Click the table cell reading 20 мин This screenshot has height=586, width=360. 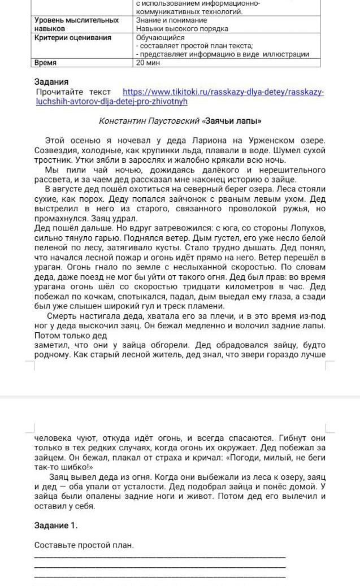[x=148, y=63]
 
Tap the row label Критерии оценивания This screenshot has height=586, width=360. [x=73, y=38]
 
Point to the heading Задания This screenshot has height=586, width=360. [x=51, y=81]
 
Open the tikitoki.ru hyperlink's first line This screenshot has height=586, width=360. [x=224, y=92]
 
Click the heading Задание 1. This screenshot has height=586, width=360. [x=55, y=526]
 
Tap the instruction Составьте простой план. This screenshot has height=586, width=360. [x=84, y=545]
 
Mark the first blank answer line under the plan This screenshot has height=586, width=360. [x=160, y=557]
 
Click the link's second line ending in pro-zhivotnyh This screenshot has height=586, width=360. [x=111, y=101]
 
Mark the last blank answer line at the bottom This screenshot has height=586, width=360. [x=160, y=576]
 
